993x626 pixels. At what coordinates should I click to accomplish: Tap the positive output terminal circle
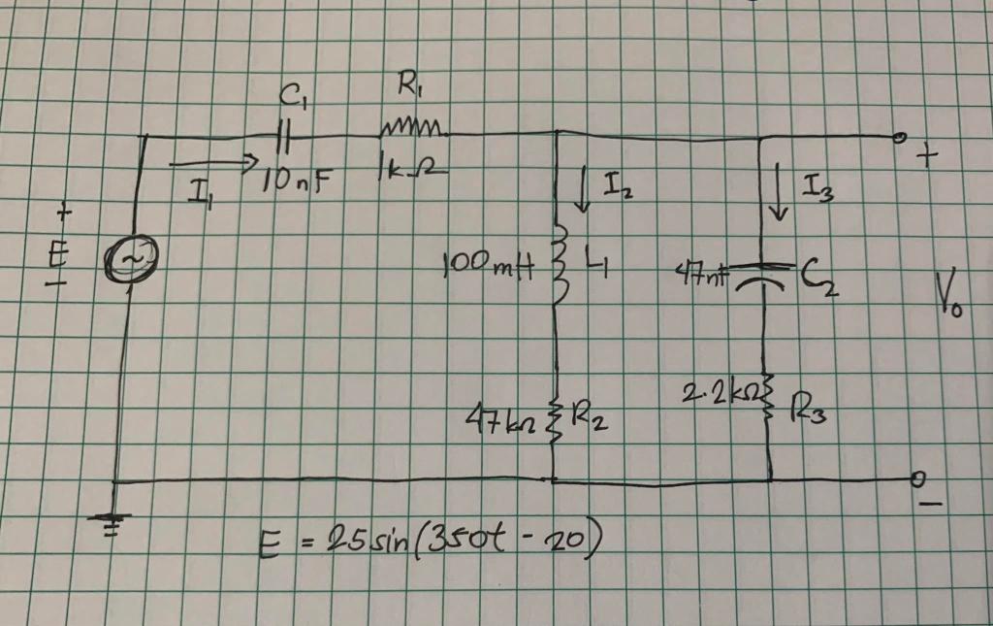coord(900,138)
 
